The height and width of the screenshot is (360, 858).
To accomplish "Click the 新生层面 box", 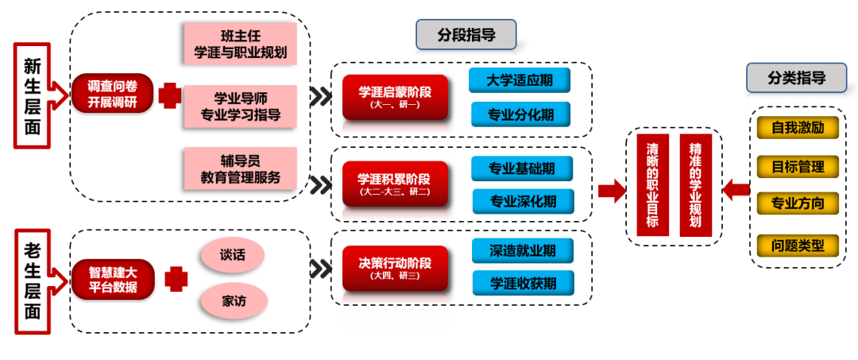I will pyautogui.click(x=33, y=95).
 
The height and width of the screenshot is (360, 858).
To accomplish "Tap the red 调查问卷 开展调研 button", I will pyautogui.click(x=111, y=94).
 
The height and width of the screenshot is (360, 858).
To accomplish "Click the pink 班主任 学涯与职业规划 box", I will pyautogui.click(x=240, y=45).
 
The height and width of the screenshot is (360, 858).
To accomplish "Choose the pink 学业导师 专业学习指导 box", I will pyautogui.click(x=240, y=107).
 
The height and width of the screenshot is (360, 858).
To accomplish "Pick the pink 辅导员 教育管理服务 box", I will pyautogui.click(x=240, y=168).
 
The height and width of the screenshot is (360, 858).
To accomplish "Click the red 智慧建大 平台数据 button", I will pyautogui.click(x=112, y=279).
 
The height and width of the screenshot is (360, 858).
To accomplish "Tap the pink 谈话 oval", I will pyautogui.click(x=232, y=254).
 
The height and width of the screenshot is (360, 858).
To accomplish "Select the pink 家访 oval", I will pyautogui.click(x=233, y=301).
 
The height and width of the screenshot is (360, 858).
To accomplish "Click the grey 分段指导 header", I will pyautogui.click(x=466, y=34).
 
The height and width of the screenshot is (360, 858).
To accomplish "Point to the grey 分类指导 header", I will pyautogui.click(x=796, y=78).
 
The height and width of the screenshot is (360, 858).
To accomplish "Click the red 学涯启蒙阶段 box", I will pyautogui.click(x=395, y=97).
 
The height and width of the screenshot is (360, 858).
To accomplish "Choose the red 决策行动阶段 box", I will pyautogui.click(x=394, y=268).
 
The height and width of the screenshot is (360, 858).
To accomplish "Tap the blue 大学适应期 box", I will pyautogui.click(x=520, y=80).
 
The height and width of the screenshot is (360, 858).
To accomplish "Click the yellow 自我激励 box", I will pyautogui.click(x=797, y=126).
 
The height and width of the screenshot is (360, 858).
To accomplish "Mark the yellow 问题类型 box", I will pyautogui.click(x=797, y=246).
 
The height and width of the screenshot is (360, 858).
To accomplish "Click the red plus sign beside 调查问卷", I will pyautogui.click(x=169, y=95).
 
